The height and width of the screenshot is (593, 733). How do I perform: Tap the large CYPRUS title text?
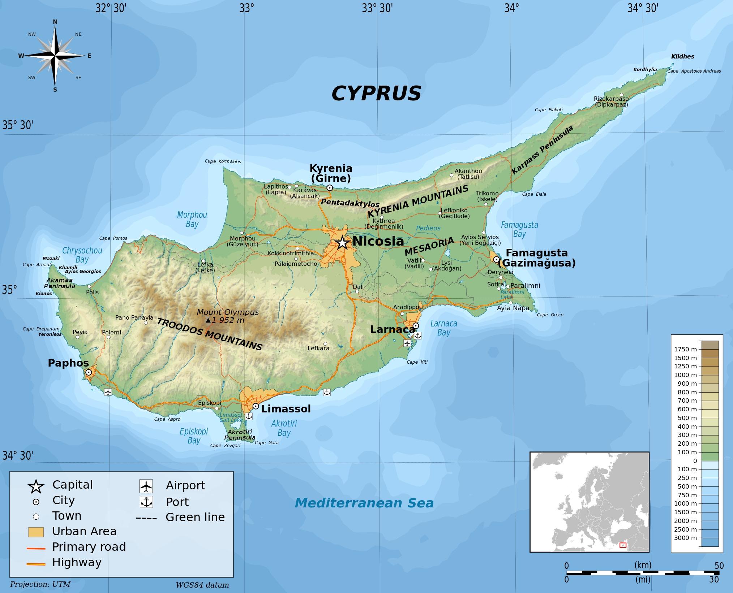click(376, 93)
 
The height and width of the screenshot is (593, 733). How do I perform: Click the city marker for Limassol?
click(256, 406)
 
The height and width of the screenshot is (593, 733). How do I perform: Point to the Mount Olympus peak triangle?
click(208, 320)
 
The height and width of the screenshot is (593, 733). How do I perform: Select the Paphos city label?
click(68, 363)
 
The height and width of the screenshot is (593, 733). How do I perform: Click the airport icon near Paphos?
click(108, 392)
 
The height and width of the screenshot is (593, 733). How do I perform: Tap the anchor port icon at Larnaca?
click(417, 335)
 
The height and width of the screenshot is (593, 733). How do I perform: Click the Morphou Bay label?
click(192, 219)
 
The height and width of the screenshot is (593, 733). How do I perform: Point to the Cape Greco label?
click(550, 315)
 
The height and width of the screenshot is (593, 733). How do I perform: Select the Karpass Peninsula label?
click(542, 150)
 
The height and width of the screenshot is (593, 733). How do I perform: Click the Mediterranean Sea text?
click(364, 503)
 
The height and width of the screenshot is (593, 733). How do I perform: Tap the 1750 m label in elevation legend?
click(685, 349)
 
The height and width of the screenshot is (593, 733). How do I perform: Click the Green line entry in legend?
click(195, 517)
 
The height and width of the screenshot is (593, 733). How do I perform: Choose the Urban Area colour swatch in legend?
click(36, 532)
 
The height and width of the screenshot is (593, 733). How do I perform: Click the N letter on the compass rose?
click(55, 22)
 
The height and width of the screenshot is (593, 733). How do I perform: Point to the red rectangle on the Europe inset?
click(623, 545)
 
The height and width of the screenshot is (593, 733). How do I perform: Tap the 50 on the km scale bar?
click(719, 566)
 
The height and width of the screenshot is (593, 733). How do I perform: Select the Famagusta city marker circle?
click(496, 259)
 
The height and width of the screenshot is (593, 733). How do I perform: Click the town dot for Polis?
click(89, 286)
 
